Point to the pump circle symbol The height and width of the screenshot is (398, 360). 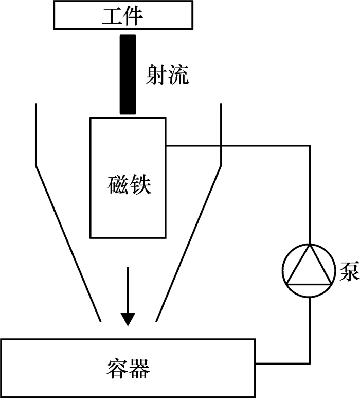tap(310, 269)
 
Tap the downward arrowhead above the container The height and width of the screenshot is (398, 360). tap(128, 319)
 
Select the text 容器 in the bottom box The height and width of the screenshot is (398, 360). tap(129, 368)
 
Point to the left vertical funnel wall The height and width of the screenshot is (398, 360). tap(35, 134)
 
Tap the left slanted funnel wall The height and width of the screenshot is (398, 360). tap(67, 242)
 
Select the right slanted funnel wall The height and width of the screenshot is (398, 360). tap(189, 242)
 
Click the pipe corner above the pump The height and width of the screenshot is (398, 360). tap(310, 145)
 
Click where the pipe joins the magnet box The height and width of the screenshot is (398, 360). tap(167, 145)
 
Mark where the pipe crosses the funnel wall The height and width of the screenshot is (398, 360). tap(221, 145)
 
